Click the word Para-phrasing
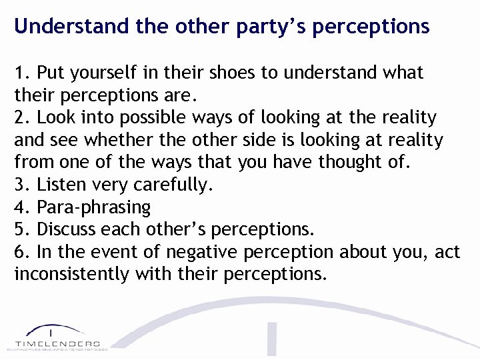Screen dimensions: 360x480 point(94,207)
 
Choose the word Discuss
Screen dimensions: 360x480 point(67,229)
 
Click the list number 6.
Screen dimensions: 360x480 point(21,252)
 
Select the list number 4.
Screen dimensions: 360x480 point(21,207)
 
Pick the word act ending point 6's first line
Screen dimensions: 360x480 point(446,252)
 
